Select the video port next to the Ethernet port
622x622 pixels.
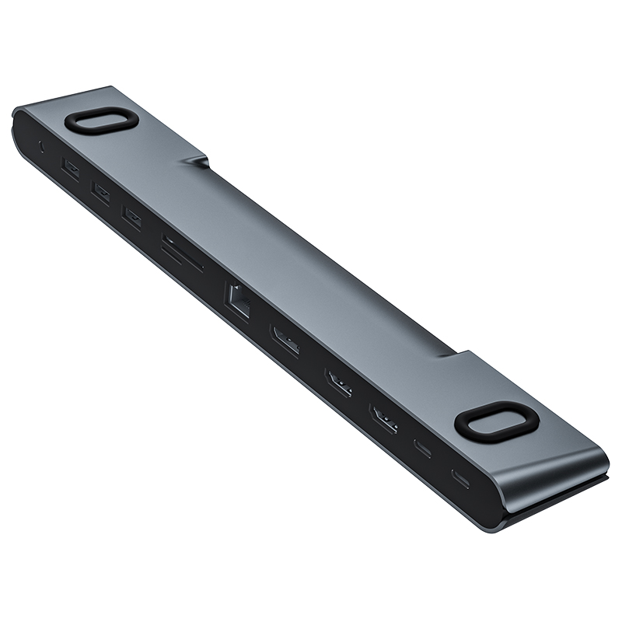click(x=285, y=342)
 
